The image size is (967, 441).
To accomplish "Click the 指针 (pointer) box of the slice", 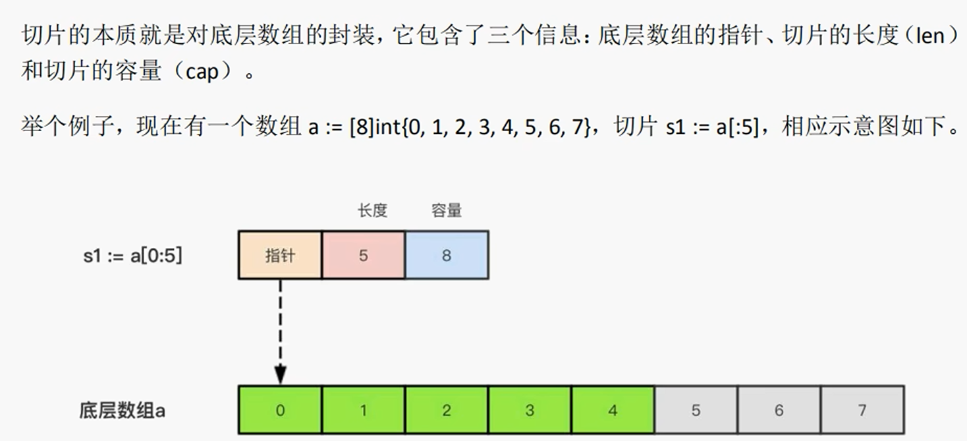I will (280, 255).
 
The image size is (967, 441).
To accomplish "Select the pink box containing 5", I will (364, 255).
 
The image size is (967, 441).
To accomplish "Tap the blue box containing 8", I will (447, 255).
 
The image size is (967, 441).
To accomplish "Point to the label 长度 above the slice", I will (372, 211).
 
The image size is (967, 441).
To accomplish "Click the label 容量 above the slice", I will (447, 211).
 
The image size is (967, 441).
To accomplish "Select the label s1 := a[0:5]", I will (132, 256).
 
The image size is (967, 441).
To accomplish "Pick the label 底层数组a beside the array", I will (122, 411).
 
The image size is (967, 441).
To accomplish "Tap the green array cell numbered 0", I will (280, 410).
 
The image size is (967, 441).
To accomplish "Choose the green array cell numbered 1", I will (364, 410).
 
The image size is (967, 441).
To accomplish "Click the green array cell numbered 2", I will (447, 410).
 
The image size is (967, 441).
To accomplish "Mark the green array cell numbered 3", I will (530, 410).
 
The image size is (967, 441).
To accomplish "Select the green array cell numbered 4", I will (613, 410).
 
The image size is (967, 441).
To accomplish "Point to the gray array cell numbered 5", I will (696, 410).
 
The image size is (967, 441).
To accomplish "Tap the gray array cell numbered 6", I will (779, 410).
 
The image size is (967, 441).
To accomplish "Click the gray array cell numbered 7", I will (862, 410).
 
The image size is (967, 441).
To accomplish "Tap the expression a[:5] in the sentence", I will (733, 126).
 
